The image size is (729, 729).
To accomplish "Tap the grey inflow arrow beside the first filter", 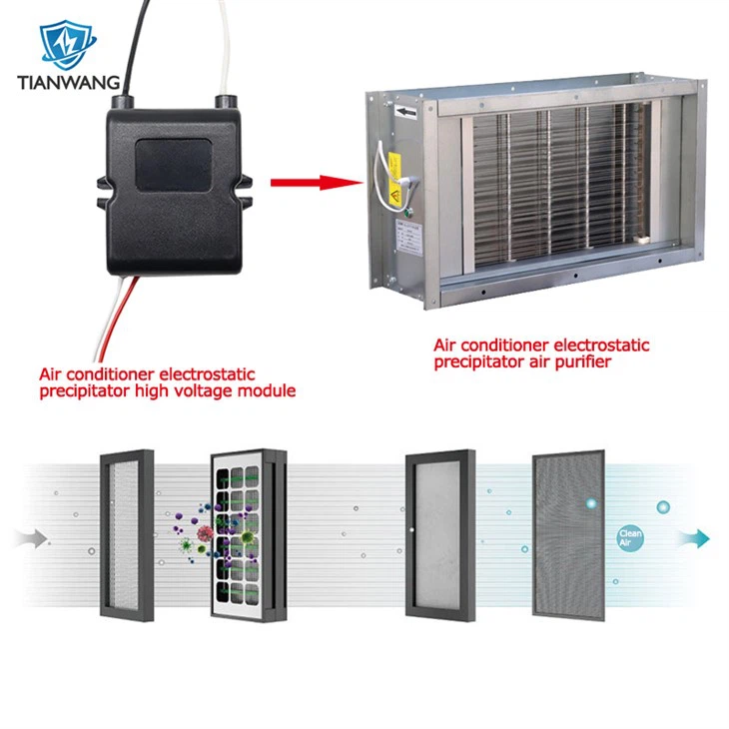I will point(34,539).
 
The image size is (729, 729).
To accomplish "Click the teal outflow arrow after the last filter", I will point(693,538).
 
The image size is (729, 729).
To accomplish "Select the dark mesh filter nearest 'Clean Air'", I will point(569,534).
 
